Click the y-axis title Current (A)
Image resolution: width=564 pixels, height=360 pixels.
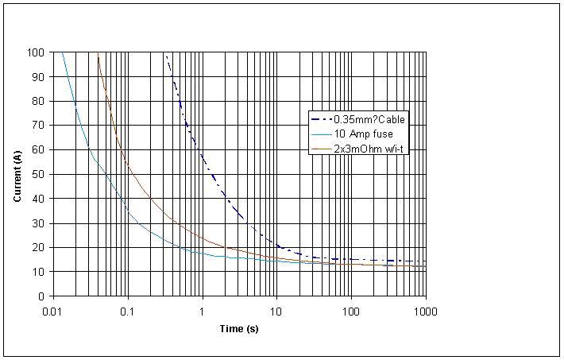click(x=17, y=174)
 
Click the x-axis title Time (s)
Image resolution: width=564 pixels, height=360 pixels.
click(x=239, y=328)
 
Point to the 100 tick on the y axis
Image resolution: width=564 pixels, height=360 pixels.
click(x=37, y=52)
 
